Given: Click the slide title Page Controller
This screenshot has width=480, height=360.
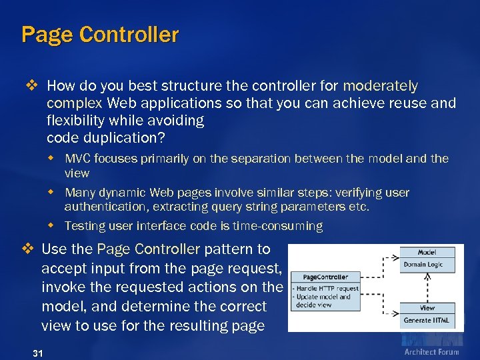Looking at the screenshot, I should (100, 35).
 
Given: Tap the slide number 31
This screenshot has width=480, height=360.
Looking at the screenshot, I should (37, 353).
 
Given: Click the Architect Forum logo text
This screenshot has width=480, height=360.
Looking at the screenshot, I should (431, 351).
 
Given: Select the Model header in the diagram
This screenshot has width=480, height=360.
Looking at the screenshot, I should (427, 253).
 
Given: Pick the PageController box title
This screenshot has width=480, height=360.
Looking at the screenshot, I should (325, 277).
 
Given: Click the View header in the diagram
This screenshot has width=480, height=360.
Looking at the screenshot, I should (427, 308).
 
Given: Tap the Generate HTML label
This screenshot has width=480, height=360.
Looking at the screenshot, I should (427, 321).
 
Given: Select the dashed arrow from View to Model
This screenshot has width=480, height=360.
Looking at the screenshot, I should (427, 287).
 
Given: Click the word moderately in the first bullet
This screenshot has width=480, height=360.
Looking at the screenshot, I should (381, 86).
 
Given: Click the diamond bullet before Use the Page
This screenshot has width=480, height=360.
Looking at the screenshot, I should (28, 249).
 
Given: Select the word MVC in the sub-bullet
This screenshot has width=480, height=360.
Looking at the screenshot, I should (78, 159).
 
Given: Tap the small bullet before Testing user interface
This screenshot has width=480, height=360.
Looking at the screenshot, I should (56, 225).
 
